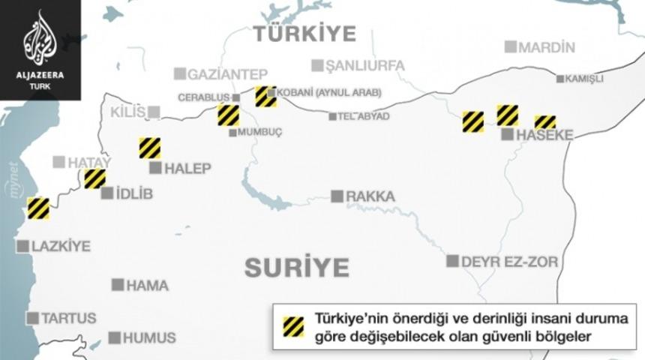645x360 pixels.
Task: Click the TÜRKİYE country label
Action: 304,33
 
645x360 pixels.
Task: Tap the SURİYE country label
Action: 296,267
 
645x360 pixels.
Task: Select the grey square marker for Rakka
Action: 337,196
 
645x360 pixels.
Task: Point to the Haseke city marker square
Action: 508,135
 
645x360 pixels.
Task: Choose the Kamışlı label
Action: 584,79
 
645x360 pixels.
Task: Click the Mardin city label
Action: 547,47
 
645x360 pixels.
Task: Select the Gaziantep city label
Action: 227,73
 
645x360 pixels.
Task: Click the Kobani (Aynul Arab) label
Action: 329,94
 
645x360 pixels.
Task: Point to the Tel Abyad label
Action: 364,116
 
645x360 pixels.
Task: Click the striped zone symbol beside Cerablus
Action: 228,115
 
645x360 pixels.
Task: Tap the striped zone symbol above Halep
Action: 150,148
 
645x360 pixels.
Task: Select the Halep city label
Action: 188,168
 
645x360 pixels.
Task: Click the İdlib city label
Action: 134,193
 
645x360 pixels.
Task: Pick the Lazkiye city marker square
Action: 22,246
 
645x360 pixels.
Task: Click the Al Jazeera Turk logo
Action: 39,49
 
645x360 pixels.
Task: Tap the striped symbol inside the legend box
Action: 292,326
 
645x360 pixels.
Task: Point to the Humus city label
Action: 151,337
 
